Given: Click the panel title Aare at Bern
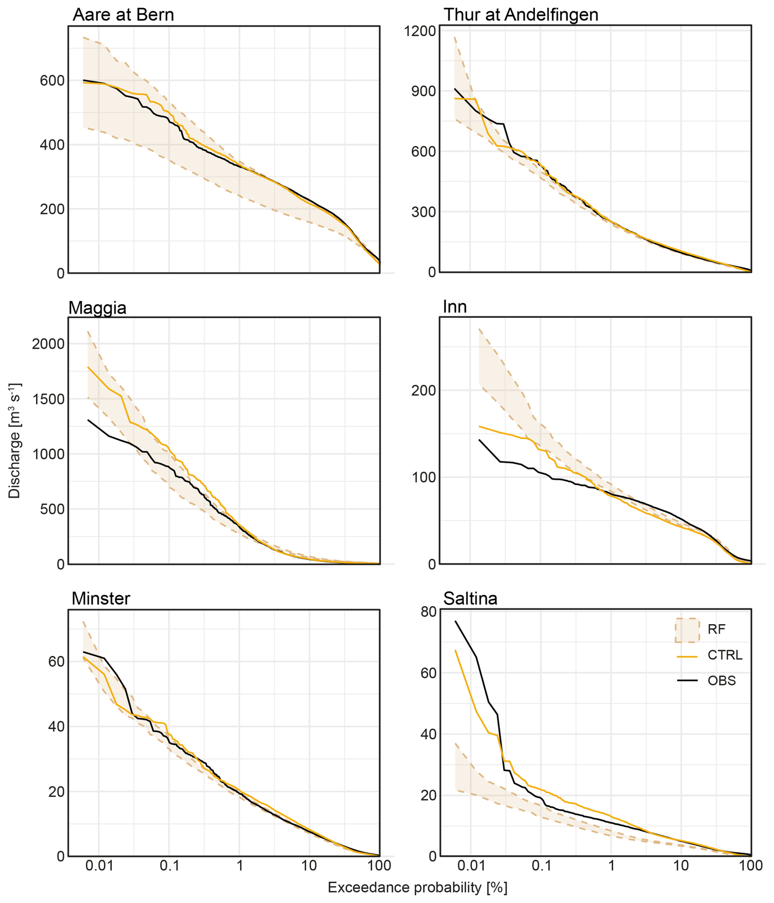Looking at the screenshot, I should coord(123,15).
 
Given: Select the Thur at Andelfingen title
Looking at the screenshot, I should coord(521,15).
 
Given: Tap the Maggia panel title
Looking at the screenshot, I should coord(97,308).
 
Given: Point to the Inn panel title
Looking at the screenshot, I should coord(454,307).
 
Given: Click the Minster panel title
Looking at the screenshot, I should coord(101,598).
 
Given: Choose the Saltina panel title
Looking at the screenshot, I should coord(470,598).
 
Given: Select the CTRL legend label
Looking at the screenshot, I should coord(725,655).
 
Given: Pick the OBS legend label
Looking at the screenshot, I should coord(722,681).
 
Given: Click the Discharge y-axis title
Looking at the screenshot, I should coord(14,441).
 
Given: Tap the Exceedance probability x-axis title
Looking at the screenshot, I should coord(417,887).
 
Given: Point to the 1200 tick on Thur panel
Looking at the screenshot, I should coord(420,31).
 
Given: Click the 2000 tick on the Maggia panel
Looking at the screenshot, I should coord(48,344).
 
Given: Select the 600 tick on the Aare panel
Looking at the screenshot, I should coord(52,81).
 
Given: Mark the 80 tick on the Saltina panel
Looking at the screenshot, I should coord(428,612).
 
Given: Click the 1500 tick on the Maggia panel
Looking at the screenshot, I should coord(48,399).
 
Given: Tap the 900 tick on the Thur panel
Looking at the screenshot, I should coord(423,92).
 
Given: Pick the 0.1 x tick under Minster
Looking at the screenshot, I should coord(169,865).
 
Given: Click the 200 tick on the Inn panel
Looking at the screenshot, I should coord(423,390).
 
